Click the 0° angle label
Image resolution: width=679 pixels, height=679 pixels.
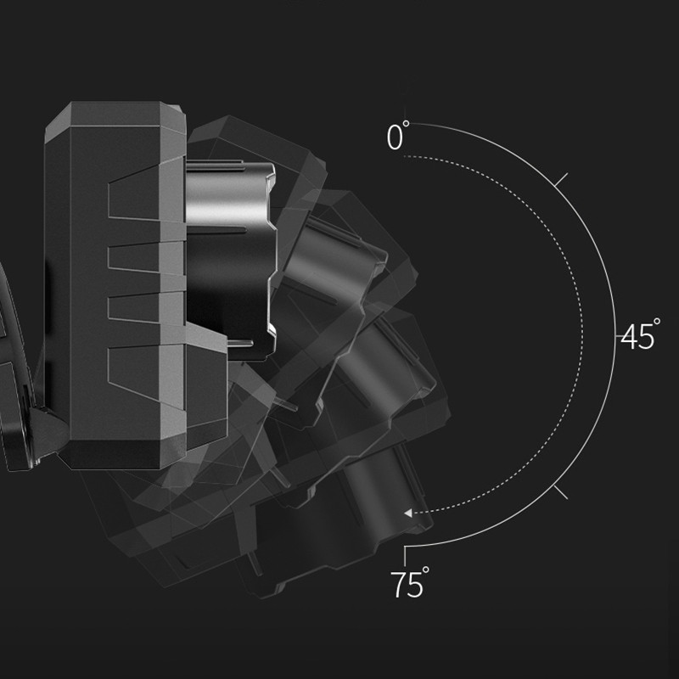pyautogui.click(x=397, y=136)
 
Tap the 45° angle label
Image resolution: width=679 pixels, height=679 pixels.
pyautogui.click(x=640, y=334)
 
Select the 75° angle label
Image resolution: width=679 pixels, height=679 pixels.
pyautogui.click(x=410, y=583)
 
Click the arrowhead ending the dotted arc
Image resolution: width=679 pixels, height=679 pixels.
pyautogui.click(x=408, y=513)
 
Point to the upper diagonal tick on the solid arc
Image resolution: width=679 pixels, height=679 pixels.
pyautogui.click(x=561, y=180)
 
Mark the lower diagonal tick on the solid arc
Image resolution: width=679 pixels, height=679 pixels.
pyautogui.click(x=560, y=492)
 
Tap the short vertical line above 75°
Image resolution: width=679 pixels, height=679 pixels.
pyautogui.click(x=405, y=556)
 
